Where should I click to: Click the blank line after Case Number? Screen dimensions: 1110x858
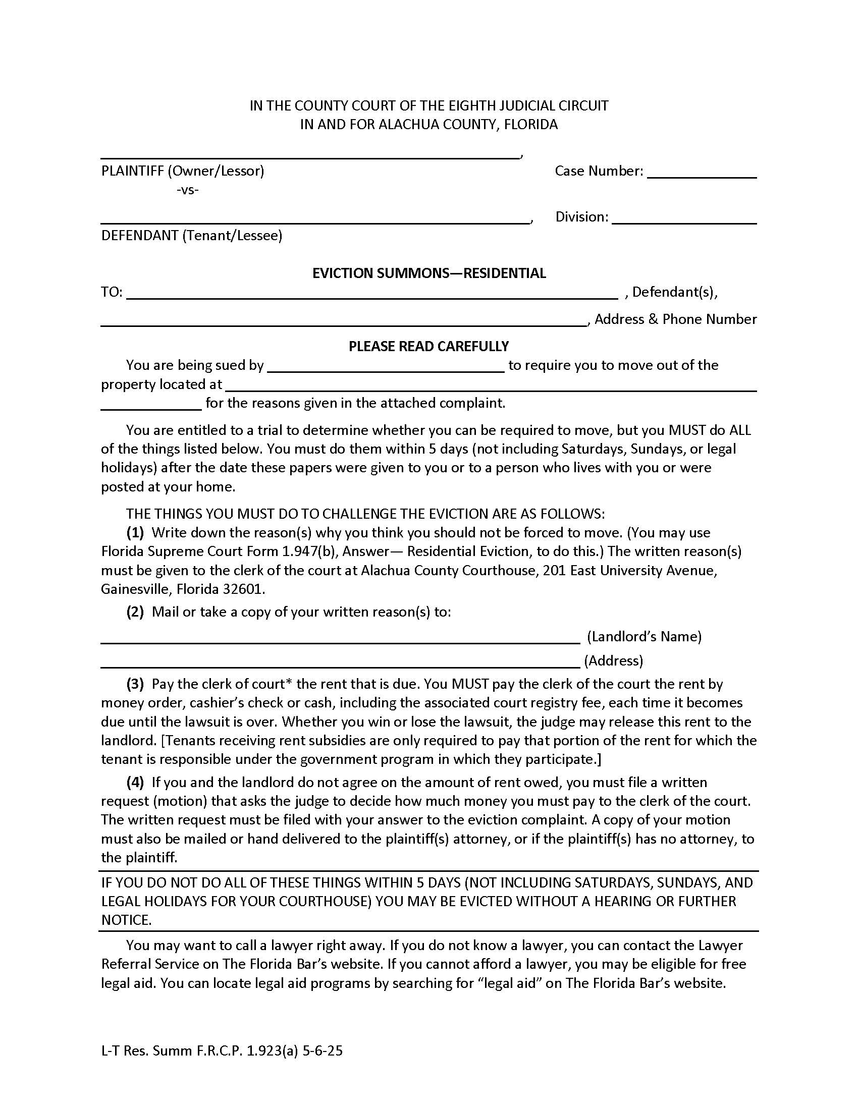pos(702,173)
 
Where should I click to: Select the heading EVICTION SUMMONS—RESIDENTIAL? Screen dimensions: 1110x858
pos(429,273)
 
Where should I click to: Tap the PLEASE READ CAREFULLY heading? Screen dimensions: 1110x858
pos(428,347)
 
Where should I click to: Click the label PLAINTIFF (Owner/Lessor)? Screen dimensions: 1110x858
pos(183,171)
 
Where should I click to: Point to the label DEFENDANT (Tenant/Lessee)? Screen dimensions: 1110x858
pos(192,235)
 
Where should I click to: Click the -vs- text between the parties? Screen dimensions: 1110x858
pos(188,190)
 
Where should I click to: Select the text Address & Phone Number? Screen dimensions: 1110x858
pos(675,319)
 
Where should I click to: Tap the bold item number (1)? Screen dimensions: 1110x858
pos(135,533)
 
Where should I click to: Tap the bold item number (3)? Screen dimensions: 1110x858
pos(135,684)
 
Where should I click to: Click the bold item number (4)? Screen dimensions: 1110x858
pos(135,782)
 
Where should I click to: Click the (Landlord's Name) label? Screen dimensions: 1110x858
pos(644,637)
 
